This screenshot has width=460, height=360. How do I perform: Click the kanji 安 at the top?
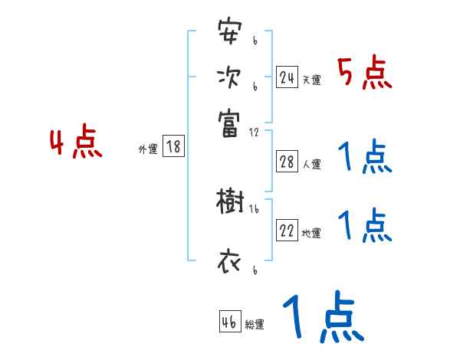(x=229, y=33)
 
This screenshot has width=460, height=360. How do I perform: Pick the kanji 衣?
(x=229, y=263)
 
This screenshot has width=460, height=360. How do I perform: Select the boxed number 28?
(x=287, y=162)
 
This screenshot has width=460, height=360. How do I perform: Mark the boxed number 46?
(x=229, y=322)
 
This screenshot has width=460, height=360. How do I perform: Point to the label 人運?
(x=311, y=164)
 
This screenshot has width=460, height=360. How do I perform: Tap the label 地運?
(x=311, y=234)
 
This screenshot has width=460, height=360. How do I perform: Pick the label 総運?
(x=254, y=325)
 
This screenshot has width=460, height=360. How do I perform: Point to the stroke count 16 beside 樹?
(x=254, y=209)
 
